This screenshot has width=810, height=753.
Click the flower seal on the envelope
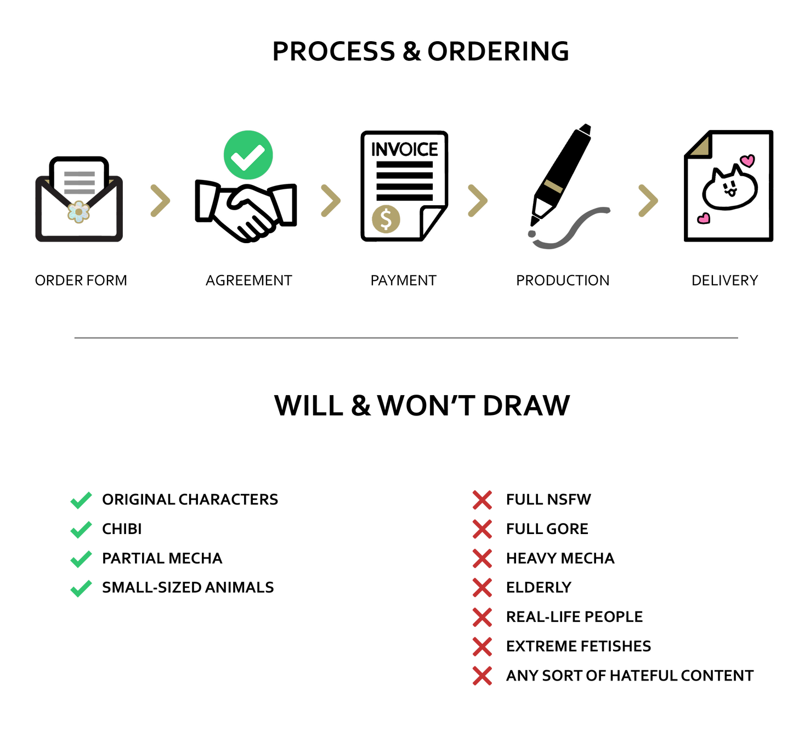point(78,211)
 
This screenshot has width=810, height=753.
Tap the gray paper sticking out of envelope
point(80,181)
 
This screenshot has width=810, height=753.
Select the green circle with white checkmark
point(248,155)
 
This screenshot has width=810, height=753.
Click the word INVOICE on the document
point(405,149)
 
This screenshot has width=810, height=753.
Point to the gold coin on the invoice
point(386,219)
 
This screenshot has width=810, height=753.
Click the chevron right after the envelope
point(160,200)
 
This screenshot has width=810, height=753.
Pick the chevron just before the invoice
point(331,200)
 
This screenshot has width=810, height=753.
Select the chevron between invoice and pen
point(478,200)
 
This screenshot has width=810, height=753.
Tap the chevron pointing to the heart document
point(648,200)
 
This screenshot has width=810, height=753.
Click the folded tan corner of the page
point(700,145)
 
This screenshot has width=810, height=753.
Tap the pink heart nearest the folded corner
point(747,161)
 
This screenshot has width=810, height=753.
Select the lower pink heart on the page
point(704,218)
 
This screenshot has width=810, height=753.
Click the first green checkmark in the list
point(81,501)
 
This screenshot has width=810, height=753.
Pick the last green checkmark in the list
point(81,588)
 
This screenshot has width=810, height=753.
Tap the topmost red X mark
point(482,500)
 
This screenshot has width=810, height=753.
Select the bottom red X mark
point(482,676)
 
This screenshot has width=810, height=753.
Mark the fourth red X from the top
point(482,588)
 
